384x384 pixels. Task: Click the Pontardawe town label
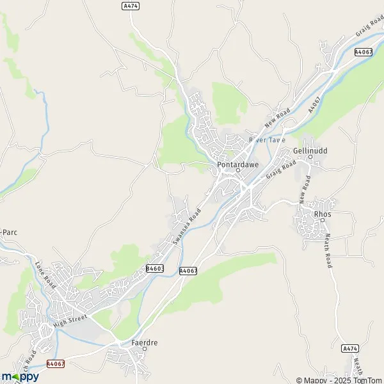pyautogui.click(x=237, y=163)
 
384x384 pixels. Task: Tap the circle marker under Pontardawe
pyautogui.click(x=237, y=170)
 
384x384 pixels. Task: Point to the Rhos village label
pyautogui.click(x=321, y=214)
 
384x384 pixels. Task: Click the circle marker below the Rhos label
pyautogui.click(x=323, y=221)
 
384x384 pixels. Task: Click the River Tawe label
pyautogui.click(x=267, y=139)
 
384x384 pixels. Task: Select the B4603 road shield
pyautogui.click(x=155, y=269)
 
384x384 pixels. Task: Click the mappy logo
pyautogui.click(x=20, y=376)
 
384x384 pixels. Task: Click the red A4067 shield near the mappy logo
pyautogui.click(x=56, y=364)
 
